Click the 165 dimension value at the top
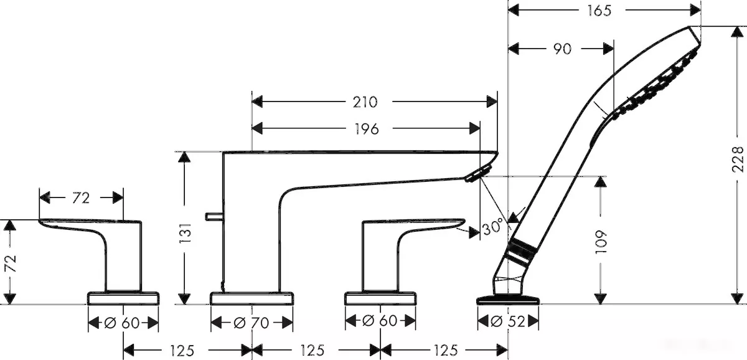coord(599,11)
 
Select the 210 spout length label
coord(365,102)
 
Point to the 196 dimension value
coord(367,129)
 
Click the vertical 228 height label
coord(738,159)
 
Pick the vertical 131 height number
coord(186,233)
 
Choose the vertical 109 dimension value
coord(601,242)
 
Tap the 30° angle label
coord(492,227)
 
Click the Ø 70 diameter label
coord(251,323)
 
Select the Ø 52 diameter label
coord(508,321)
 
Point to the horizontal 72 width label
coord(81,199)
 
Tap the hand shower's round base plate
coord(508,300)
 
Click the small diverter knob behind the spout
coord(214,217)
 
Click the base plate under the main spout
coord(251,298)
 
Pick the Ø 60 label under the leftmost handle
coord(122,323)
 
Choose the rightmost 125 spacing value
coord(446,350)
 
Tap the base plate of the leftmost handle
coord(123,298)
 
